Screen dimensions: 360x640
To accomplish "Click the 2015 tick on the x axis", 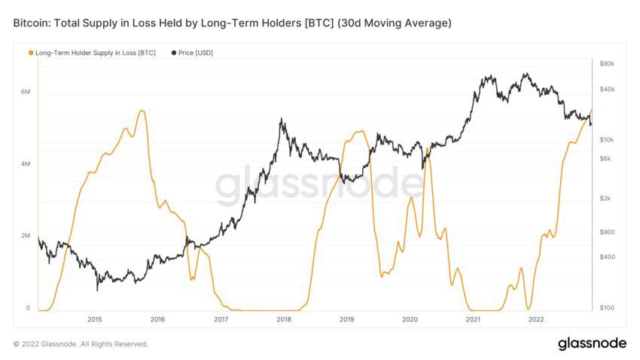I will (94, 319).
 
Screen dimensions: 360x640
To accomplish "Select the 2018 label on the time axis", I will (284, 319).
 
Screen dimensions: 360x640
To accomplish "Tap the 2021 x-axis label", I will (474, 319).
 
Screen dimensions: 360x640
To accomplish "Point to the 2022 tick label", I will (536, 319).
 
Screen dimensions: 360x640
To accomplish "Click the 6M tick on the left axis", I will (25, 92).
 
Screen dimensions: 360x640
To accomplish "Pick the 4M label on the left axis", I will (25, 164).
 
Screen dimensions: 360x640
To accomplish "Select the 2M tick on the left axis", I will (25, 236).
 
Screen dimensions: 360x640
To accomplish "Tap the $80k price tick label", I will (607, 64).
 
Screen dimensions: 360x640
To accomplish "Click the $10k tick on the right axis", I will (607, 140).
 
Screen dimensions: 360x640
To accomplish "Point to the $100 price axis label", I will (607, 308).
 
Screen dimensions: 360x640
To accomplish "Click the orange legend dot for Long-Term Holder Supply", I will (30, 53).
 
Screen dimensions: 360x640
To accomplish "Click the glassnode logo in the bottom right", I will (592, 343).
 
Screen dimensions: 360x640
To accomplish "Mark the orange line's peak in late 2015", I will (142, 111).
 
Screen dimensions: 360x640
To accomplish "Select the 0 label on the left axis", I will (28, 308).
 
